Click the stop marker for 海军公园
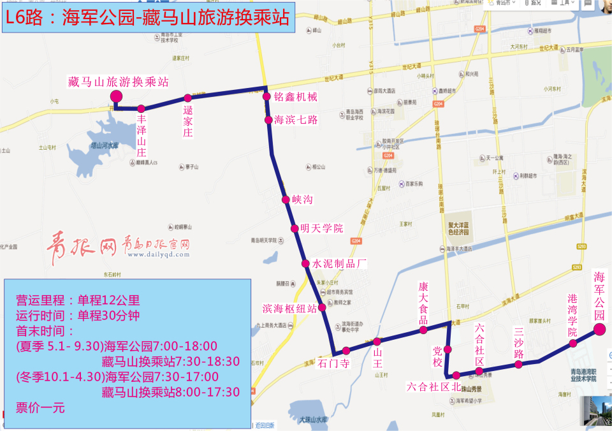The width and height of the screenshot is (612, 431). point(599,329)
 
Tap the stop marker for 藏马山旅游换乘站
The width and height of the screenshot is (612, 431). point(116,96)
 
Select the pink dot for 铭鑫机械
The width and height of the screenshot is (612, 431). point(267,97)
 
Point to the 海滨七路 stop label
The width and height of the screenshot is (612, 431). point(295,119)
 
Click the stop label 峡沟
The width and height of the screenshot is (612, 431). point(303,200)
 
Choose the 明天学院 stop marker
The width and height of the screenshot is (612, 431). point(295,229)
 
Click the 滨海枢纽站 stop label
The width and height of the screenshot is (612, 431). point(290,309)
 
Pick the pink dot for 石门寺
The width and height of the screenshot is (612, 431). point(346,350)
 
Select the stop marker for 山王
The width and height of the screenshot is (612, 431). point(377,341)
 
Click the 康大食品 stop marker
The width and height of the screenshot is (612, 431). point(423,330)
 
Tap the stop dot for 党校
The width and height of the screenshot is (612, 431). point(448,349)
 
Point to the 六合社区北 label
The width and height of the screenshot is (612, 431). point(433,386)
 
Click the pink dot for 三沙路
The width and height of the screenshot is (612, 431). point(518,364)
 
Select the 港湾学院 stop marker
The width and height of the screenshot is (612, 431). point(573,343)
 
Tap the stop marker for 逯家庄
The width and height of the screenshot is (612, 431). point(187,98)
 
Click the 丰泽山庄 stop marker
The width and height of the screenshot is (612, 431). point(141,108)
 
